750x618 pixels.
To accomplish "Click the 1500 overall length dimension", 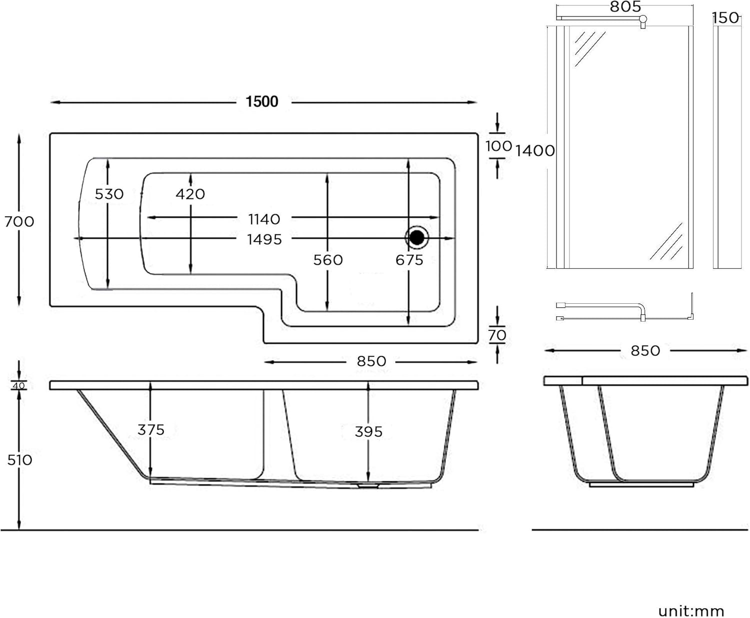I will pyautogui.click(x=262, y=102).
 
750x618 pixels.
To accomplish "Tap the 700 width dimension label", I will pyautogui.click(x=19, y=221).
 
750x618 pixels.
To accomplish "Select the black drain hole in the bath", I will pyautogui.click(x=417, y=237).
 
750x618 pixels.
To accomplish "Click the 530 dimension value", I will pyautogui.click(x=109, y=194).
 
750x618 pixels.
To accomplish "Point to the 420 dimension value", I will pyautogui.click(x=190, y=194).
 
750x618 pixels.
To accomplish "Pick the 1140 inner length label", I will pyautogui.click(x=264, y=219).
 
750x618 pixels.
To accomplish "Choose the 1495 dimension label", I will pyautogui.click(x=264, y=240).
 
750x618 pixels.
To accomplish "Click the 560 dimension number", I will pyautogui.click(x=328, y=260).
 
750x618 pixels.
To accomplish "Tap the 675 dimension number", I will pyautogui.click(x=409, y=260).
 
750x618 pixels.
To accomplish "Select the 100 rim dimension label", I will pyautogui.click(x=498, y=146).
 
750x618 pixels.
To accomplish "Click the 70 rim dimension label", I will pyautogui.click(x=497, y=335).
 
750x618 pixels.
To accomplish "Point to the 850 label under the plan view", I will pyautogui.click(x=371, y=361).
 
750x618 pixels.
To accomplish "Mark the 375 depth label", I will pyautogui.click(x=151, y=430).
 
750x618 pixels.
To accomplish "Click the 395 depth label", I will pyautogui.click(x=368, y=431).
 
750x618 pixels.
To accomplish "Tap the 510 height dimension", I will pyautogui.click(x=19, y=460).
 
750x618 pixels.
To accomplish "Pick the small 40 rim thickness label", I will pyautogui.click(x=18, y=386).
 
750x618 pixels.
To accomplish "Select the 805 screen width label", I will pyautogui.click(x=625, y=7).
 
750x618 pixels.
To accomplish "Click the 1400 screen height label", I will pyautogui.click(x=535, y=150).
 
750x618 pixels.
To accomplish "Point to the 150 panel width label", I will pyautogui.click(x=725, y=18).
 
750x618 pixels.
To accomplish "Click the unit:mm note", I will pyautogui.click(x=691, y=611).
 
